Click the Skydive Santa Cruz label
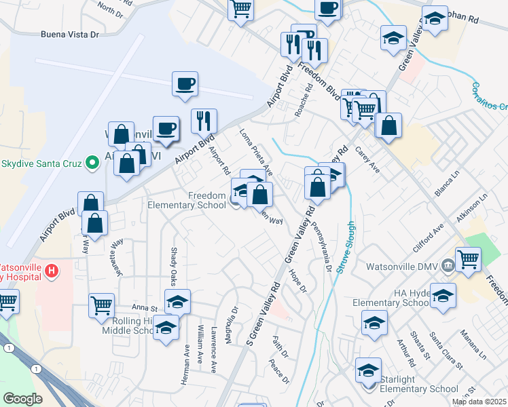coord(41,163)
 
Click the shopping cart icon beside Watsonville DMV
coord(468,258)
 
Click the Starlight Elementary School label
coord(415,389)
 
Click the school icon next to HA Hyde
coord(443,296)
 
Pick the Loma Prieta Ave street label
coord(256,151)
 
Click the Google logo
coord(23,399)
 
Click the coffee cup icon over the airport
coord(185,85)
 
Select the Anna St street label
coord(145,307)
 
